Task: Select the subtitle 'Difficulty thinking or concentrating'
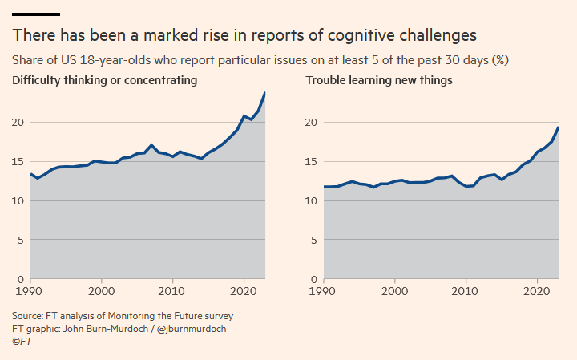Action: [104, 80]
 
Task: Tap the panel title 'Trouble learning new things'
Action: [379, 80]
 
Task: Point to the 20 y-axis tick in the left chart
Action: [19, 122]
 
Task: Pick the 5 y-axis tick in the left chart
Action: [22, 240]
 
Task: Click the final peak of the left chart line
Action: [264, 93]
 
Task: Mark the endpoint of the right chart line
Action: [558, 128]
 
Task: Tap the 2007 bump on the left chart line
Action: [151, 145]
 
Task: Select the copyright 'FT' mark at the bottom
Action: [20, 342]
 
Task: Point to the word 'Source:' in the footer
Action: [29, 316]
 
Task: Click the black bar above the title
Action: [35, 14]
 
